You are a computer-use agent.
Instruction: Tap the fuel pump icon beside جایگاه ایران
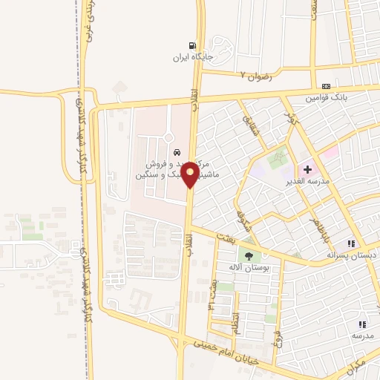(193, 45)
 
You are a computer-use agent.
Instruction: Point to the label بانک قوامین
(327, 97)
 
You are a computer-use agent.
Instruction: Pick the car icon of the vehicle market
(175, 134)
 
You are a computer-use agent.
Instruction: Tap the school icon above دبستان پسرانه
(352, 243)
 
